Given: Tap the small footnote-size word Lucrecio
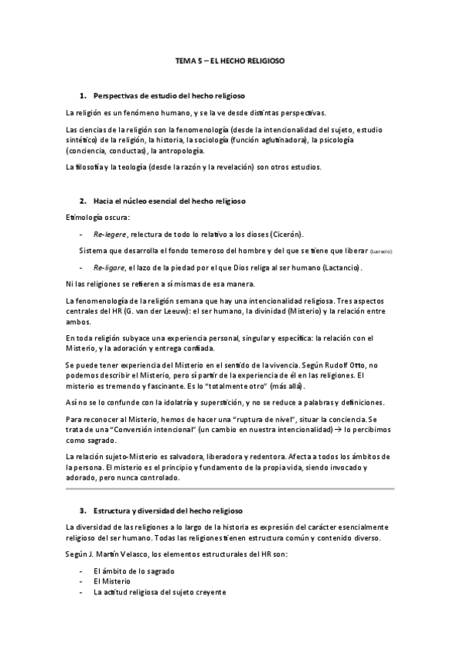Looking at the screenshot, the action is click(381, 251).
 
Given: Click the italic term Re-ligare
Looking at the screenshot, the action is click(109, 268).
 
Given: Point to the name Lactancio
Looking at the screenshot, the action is click(339, 268).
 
